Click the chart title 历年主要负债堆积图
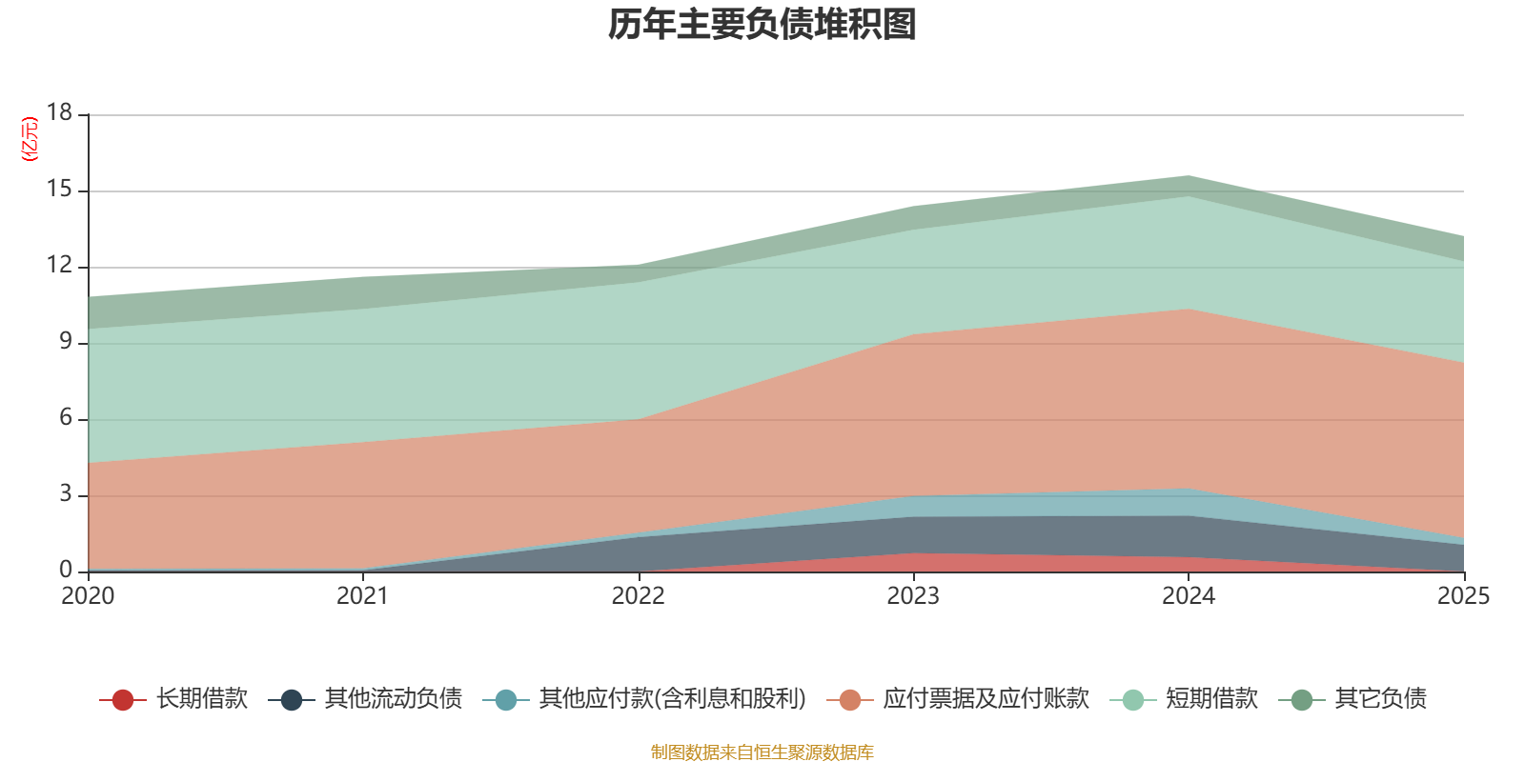(x=762, y=25)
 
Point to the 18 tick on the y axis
(x=60, y=112)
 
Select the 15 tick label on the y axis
(x=60, y=190)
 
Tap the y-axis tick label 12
(x=60, y=266)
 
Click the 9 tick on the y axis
(x=66, y=341)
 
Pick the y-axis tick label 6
(x=66, y=417)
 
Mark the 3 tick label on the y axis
(x=66, y=493)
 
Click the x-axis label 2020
(x=88, y=596)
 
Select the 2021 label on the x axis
(x=362, y=596)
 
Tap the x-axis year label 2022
(x=638, y=596)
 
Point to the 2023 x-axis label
(x=913, y=596)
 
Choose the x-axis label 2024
(x=1188, y=596)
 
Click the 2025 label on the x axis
(x=1463, y=596)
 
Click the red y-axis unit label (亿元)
(x=30, y=139)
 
